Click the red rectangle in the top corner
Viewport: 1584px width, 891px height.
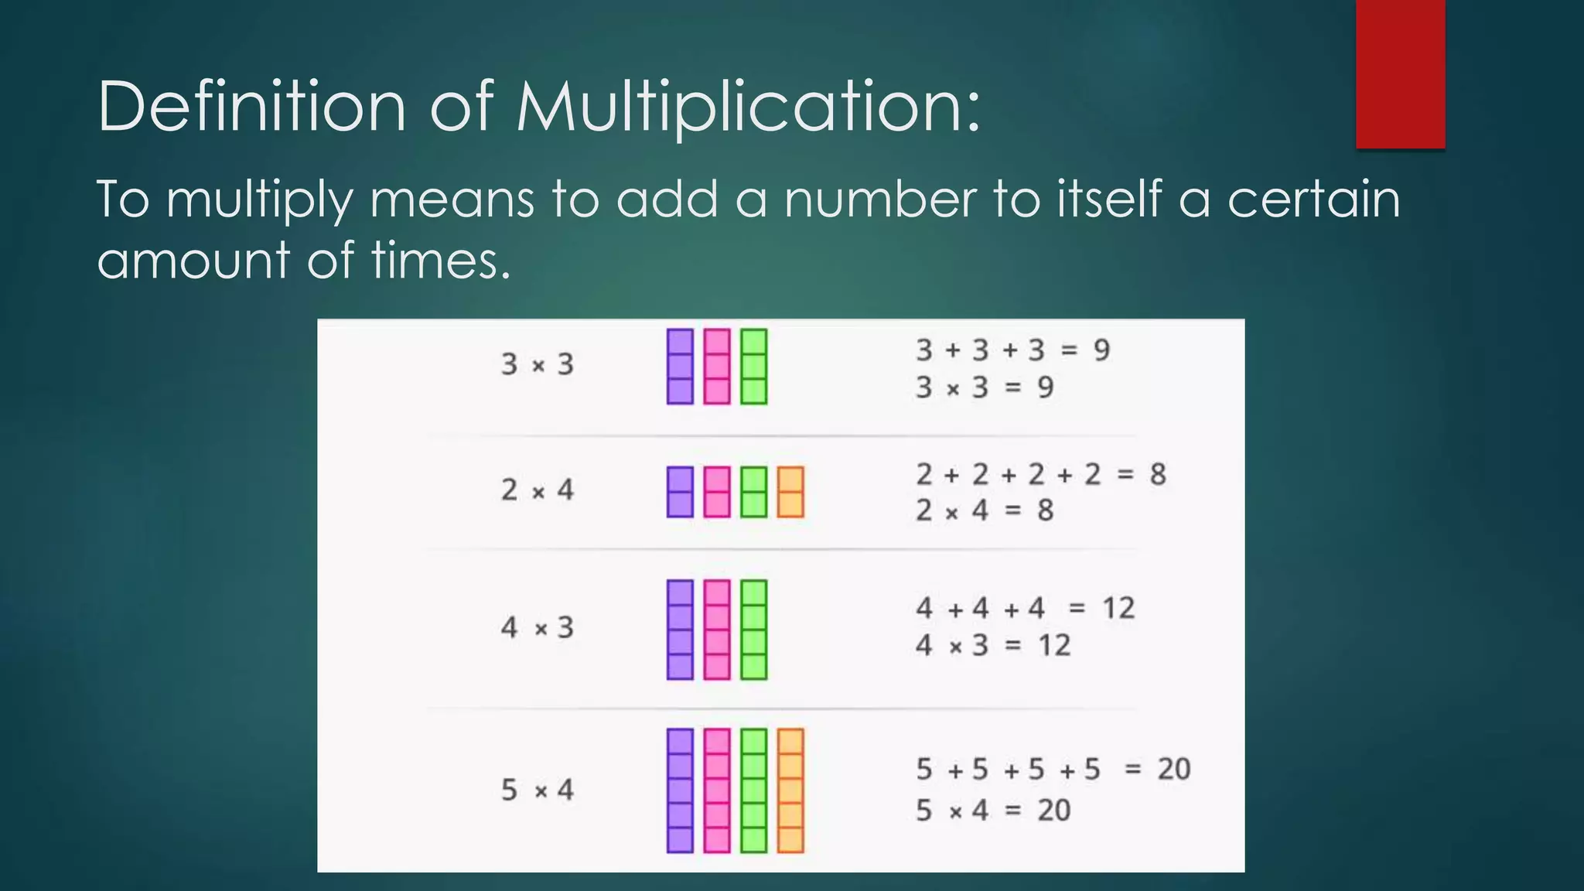[x=1400, y=73]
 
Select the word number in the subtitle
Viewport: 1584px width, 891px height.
[x=880, y=200]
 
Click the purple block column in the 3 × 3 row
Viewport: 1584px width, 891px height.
[x=680, y=367]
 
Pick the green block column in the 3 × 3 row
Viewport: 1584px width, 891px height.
[x=753, y=367]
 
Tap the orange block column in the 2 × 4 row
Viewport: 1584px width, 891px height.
[x=790, y=492]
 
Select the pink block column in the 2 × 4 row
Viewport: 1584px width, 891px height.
[x=717, y=492]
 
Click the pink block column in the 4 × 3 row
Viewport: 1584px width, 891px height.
[x=717, y=630]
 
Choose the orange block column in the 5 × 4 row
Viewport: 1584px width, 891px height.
[x=790, y=790]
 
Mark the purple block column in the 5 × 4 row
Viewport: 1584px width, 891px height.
[x=680, y=790]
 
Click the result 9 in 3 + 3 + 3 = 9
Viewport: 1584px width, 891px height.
[x=1101, y=350]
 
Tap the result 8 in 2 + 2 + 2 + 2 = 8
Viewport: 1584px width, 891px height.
[x=1157, y=474]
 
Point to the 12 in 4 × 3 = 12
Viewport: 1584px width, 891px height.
[x=1054, y=645]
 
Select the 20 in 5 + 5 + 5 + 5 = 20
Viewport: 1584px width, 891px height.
[x=1173, y=770]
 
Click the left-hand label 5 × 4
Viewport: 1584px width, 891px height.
[x=538, y=790]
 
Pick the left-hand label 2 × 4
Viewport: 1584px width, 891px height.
[x=538, y=490]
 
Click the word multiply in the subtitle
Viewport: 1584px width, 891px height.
[x=259, y=200]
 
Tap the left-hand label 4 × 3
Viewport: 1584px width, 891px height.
[x=538, y=627]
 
